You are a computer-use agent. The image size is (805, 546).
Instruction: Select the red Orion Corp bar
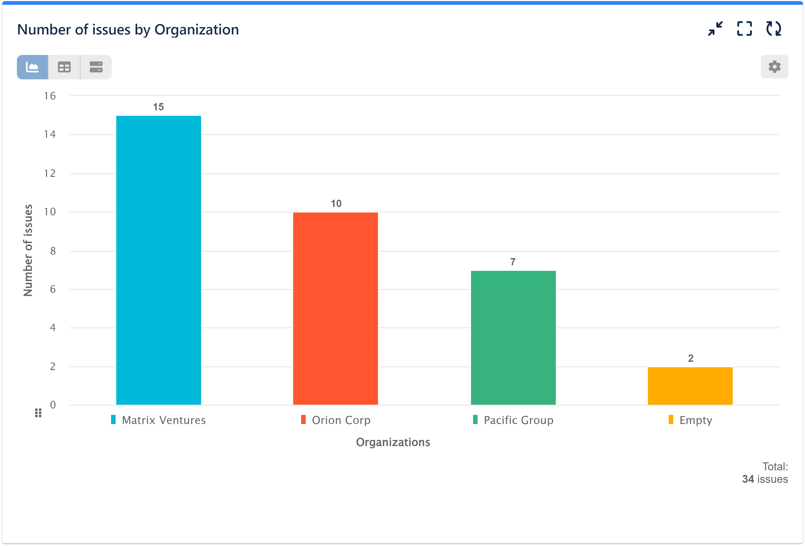[335, 308]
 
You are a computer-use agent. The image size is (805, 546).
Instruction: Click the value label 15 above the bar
[158, 107]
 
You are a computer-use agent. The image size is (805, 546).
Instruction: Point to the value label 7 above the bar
[513, 262]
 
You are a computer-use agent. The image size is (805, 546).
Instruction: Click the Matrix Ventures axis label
[163, 420]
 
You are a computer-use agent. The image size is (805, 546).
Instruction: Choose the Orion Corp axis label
[341, 420]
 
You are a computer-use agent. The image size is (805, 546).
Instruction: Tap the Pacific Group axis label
[518, 420]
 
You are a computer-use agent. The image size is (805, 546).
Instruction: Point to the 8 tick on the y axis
[53, 251]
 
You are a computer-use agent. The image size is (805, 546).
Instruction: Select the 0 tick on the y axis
[53, 405]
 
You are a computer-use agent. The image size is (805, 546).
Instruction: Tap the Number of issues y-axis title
[28, 250]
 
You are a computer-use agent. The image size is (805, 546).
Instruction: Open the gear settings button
[774, 67]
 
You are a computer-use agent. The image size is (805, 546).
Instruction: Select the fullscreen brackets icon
[744, 29]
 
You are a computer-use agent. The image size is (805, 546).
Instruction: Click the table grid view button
[64, 67]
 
